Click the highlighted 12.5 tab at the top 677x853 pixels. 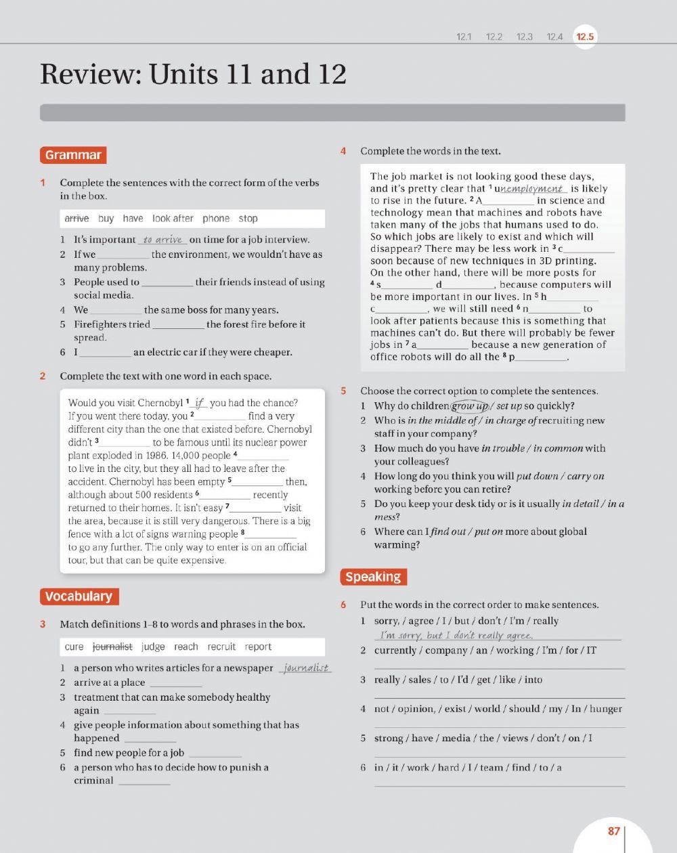[585, 37]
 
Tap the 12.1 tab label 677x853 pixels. [464, 37]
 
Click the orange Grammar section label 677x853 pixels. [73, 155]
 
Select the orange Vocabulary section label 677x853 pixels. [79, 596]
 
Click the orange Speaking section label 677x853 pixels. [373, 577]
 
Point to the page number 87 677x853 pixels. [614, 831]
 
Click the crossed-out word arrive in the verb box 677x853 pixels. [77, 219]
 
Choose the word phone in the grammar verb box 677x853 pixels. [216, 219]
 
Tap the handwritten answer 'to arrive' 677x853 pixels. [162, 240]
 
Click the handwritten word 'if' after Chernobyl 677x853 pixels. [199, 403]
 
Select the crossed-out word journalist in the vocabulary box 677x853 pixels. [112, 647]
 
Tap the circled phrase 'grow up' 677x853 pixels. [470, 406]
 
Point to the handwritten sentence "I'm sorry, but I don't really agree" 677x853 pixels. [457, 635]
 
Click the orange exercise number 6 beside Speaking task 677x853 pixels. [343, 605]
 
